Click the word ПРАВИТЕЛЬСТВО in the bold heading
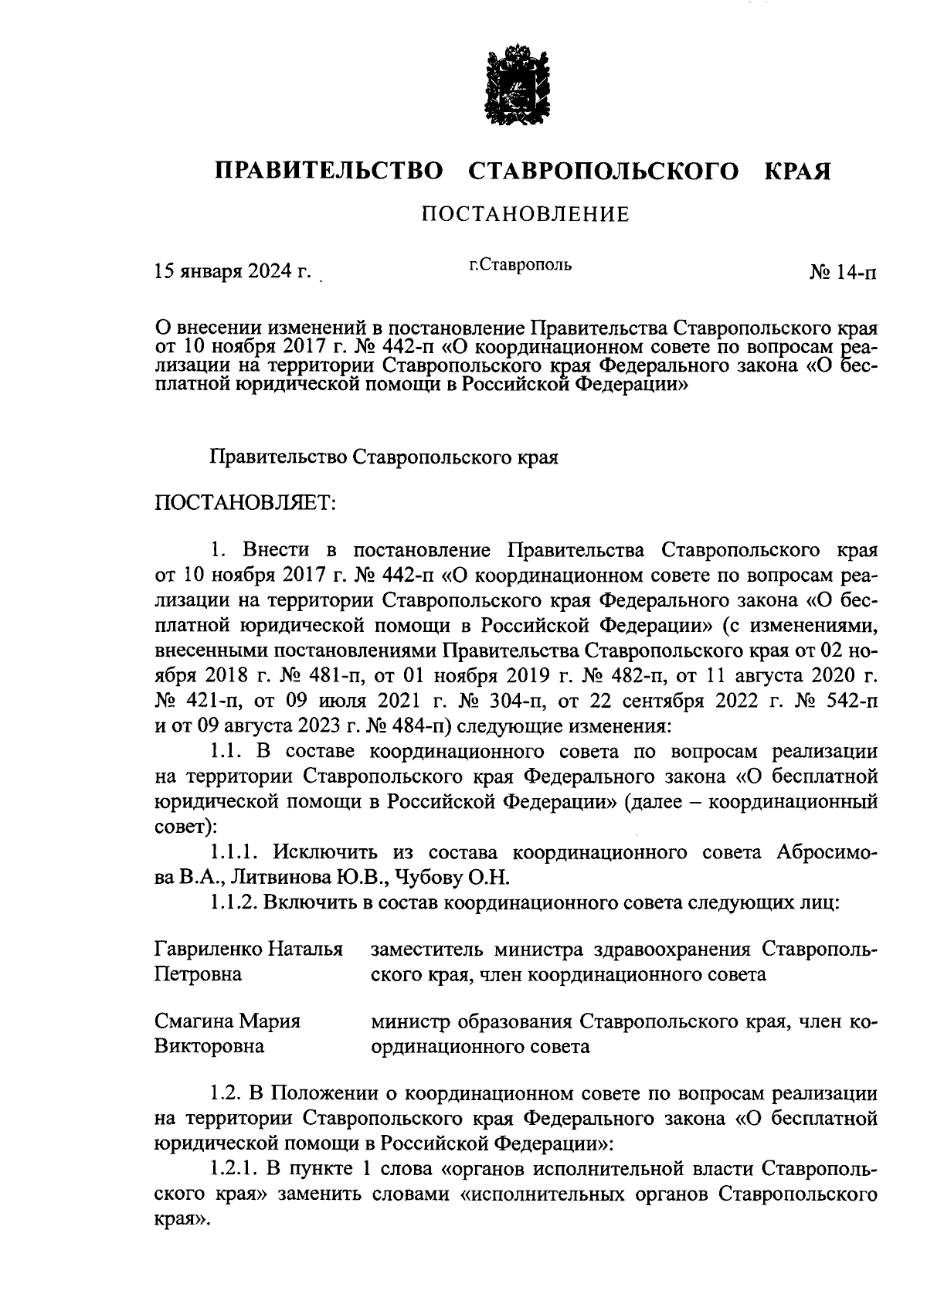329,172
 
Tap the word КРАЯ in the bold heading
797,172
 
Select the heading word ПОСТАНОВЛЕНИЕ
525,215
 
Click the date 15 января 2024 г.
232,272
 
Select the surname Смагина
193,1021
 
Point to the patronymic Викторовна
209,1047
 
